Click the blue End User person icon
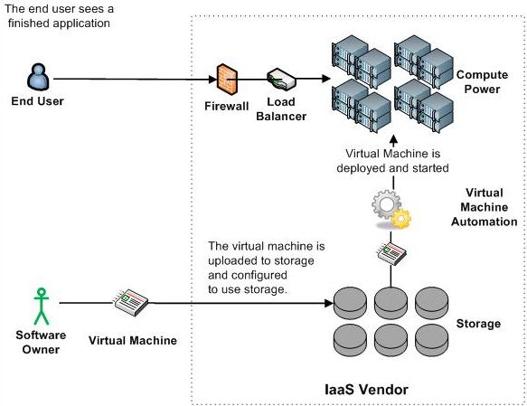(x=38, y=77)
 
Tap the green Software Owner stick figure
(x=42, y=307)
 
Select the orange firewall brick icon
(x=227, y=80)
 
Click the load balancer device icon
(x=281, y=80)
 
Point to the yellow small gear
(x=401, y=219)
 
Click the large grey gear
(x=386, y=204)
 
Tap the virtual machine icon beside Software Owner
(x=131, y=302)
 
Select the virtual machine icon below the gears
(x=391, y=253)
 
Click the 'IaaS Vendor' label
(x=367, y=390)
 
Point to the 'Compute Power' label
(x=482, y=81)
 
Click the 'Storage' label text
(x=478, y=324)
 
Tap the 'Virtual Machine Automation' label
(x=484, y=207)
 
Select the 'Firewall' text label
(x=227, y=106)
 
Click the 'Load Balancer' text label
(x=281, y=109)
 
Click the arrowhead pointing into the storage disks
(x=329, y=303)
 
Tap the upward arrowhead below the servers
(x=394, y=139)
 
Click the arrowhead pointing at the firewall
(x=212, y=80)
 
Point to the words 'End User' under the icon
(x=37, y=101)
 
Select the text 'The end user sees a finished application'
(x=59, y=15)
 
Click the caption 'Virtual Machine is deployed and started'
(x=392, y=161)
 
